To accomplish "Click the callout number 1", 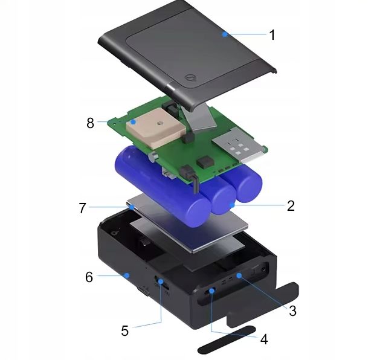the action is [272, 35].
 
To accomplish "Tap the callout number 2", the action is [291, 205].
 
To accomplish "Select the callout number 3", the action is [292, 310].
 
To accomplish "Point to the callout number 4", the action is [264, 339].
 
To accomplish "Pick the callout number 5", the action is [124, 330].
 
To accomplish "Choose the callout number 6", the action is [89, 277].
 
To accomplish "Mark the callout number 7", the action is [82, 208].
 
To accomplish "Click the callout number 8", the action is [90, 123].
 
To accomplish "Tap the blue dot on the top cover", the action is [225, 34].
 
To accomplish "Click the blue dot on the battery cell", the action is [231, 205].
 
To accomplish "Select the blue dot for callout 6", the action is [127, 276].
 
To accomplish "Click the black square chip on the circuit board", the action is [205, 162].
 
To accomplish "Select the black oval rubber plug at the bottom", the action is [227, 339].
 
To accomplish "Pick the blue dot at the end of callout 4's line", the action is [211, 291].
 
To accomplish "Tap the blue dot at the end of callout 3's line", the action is [239, 275].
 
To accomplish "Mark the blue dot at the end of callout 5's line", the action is [161, 281].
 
